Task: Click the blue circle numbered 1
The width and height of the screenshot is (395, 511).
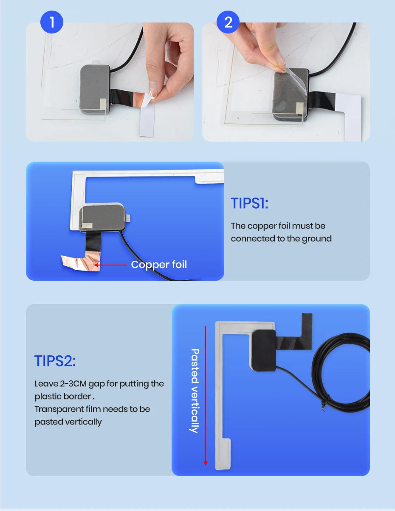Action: tap(52, 22)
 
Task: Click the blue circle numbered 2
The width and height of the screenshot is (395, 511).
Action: tap(228, 22)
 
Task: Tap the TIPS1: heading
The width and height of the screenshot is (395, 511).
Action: tap(249, 203)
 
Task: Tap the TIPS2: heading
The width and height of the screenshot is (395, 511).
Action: tap(55, 361)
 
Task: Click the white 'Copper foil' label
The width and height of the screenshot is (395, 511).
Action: tap(159, 265)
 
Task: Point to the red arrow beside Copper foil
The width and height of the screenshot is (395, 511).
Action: tap(110, 265)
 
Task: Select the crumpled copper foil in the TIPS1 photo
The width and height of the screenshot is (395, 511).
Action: tap(81, 262)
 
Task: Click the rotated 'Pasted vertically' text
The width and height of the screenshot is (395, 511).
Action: tap(195, 391)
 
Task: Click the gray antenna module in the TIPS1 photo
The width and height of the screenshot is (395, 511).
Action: tap(102, 217)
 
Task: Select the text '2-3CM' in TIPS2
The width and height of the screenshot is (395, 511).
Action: tap(73, 383)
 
